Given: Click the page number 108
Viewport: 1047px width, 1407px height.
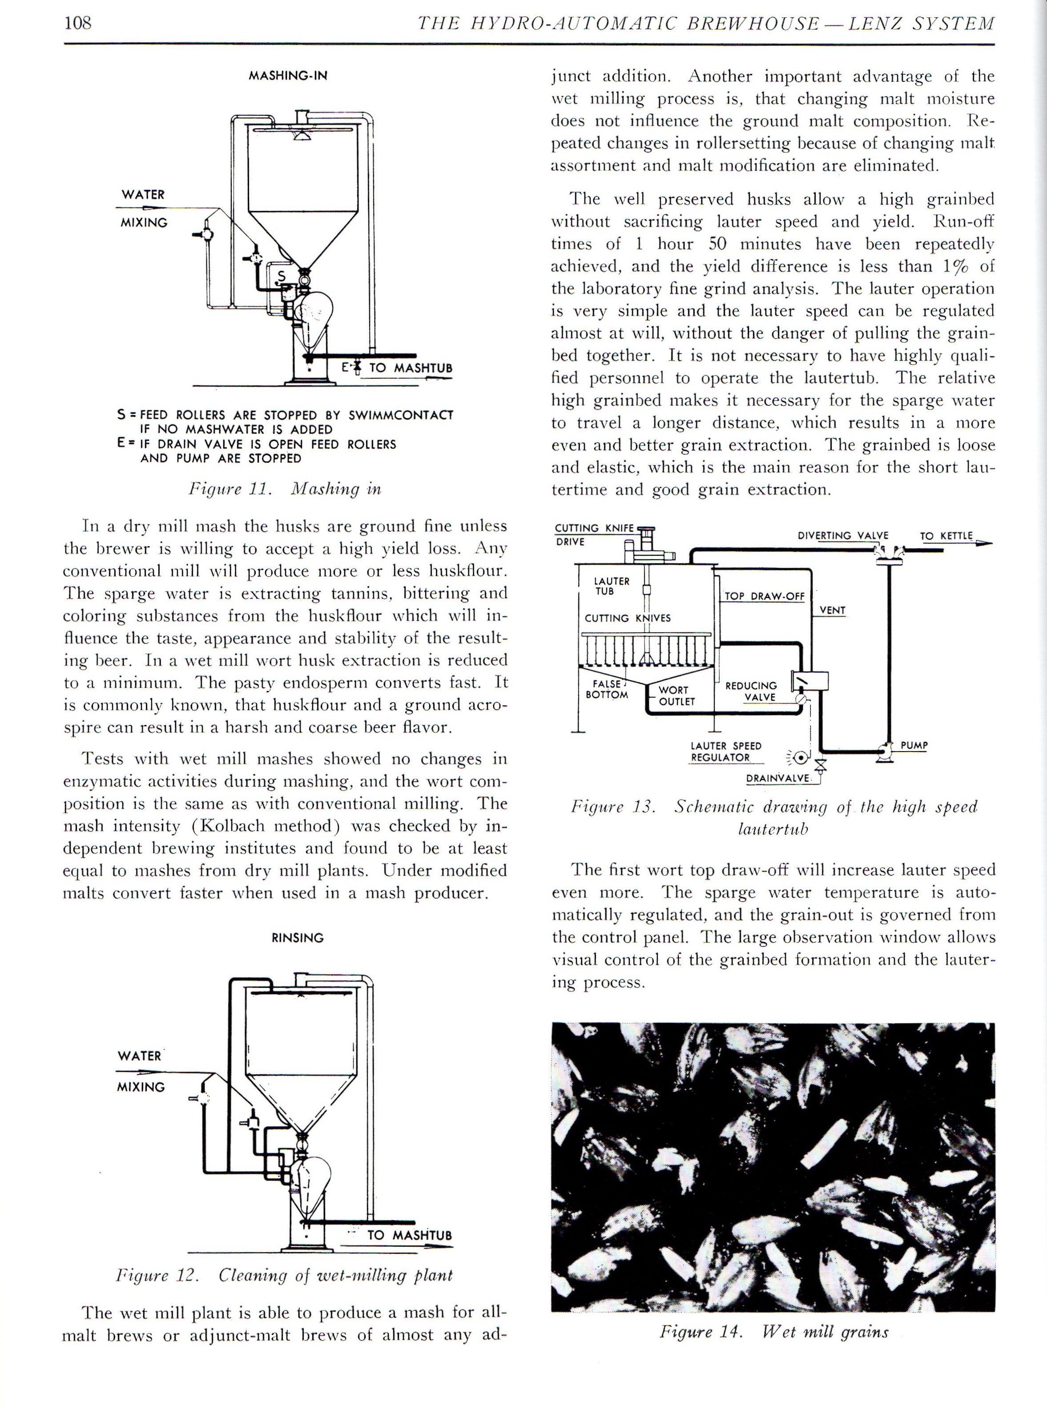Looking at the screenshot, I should point(78,24).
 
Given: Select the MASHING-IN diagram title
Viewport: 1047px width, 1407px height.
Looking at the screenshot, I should point(288,76).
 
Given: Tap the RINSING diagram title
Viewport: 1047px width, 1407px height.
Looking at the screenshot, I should point(297,937).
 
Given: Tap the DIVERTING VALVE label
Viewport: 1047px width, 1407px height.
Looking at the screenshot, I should point(842,535).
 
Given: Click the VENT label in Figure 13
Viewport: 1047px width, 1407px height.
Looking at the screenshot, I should point(832,610).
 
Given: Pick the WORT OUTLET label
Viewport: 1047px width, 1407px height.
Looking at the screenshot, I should point(676,695).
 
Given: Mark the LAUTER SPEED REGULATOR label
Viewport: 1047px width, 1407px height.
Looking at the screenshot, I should point(726,752).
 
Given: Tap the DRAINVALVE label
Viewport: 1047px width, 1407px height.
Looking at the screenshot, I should point(777,778).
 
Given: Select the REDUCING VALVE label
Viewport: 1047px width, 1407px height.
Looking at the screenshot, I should point(751,691).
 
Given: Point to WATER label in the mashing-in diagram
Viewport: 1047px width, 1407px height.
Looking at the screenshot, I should point(143,194).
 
